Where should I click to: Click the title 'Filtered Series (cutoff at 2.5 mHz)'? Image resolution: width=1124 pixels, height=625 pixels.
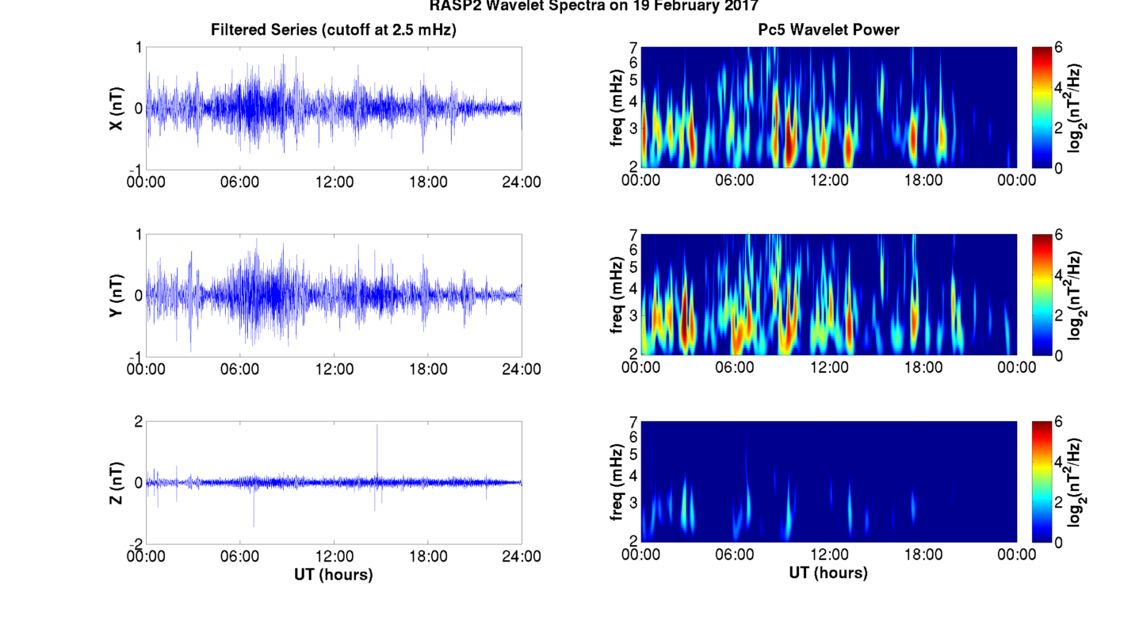point(333,30)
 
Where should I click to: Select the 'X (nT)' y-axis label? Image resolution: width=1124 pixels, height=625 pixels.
point(116,109)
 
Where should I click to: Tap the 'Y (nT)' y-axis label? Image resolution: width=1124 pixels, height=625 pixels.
point(116,296)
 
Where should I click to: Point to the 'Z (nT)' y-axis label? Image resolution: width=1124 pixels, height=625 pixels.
point(116,483)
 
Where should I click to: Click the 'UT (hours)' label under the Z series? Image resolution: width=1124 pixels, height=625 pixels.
point(333,574)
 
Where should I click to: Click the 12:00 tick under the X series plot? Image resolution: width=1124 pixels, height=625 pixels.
point(334,182)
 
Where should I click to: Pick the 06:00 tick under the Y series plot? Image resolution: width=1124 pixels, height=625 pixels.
point(240,369)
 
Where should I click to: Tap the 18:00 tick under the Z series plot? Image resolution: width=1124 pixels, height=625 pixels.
point(428,556)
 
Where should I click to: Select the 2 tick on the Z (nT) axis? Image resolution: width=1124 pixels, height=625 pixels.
point(138,422)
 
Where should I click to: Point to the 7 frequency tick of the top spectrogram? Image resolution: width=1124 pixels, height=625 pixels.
point(633,48)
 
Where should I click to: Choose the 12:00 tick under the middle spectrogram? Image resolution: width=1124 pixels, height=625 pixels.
point(828,367)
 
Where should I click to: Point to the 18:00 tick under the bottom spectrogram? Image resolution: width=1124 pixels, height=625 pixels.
point(922,554)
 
